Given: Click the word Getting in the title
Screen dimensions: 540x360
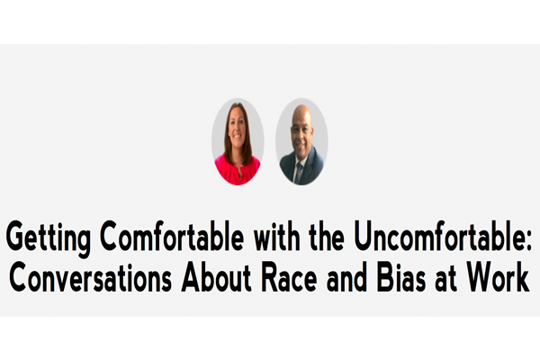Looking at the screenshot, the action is pos(49,238).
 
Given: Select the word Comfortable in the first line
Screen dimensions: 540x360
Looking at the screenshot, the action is pos(172,236).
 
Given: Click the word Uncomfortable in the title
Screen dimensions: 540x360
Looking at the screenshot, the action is pos(439,236).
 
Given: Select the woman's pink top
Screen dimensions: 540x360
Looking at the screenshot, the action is pos(238,170).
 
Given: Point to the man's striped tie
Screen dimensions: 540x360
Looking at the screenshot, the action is pos(299,173).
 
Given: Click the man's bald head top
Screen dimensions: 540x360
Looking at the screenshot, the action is pos(302,111).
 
